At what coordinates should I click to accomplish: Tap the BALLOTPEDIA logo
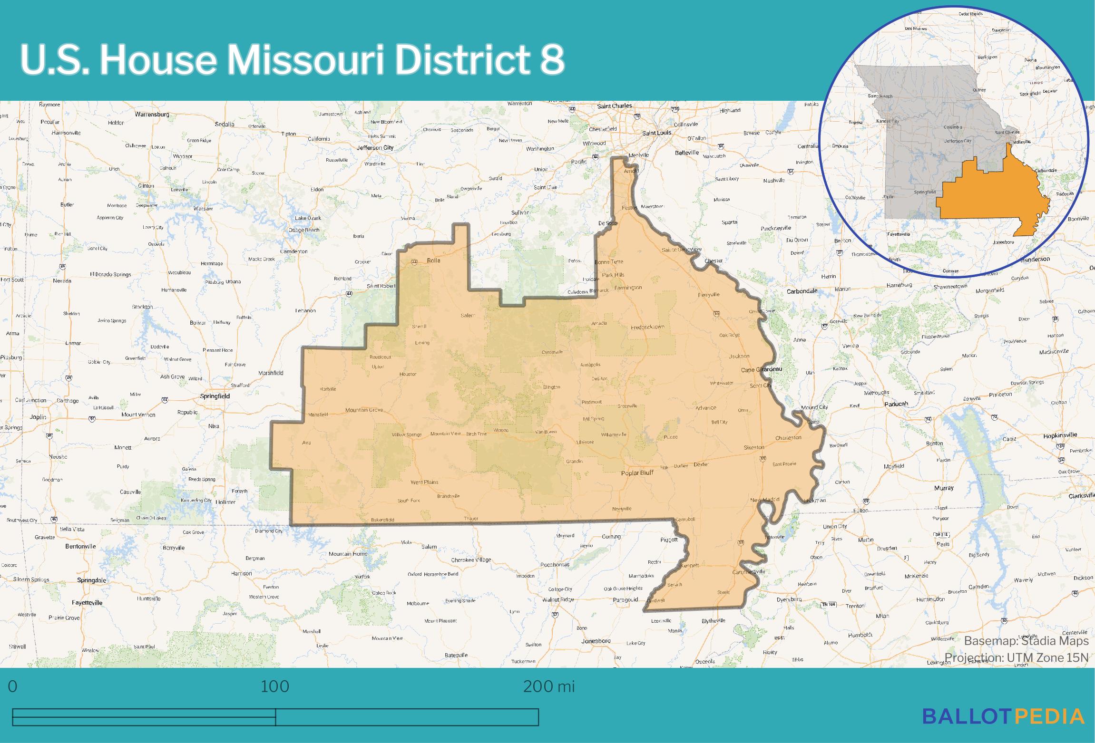click(x=1003, y=716)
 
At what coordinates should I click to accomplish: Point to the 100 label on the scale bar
click(x=275, y=686)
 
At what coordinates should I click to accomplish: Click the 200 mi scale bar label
click(x=548, y=686)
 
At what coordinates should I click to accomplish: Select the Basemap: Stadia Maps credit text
click(x=1026, y=641)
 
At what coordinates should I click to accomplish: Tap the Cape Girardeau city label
click(x=761, y=370)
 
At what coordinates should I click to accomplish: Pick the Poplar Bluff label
click(x=637, y=473)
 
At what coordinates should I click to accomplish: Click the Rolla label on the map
click(x=433, y=261)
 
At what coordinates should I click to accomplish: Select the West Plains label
click(x=424, y=482)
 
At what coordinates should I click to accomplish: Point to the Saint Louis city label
click(x=656, y=133)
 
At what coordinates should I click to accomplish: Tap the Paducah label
click(x=895, y=404)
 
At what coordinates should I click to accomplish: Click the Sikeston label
click(x=754, y=447)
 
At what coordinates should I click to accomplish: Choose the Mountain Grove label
click(x=364, y=410)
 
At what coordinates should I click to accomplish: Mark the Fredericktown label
click(x=647, y=327)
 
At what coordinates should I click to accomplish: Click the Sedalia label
click(x=225, y=124)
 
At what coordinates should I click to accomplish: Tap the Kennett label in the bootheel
click(x=689, y=566)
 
